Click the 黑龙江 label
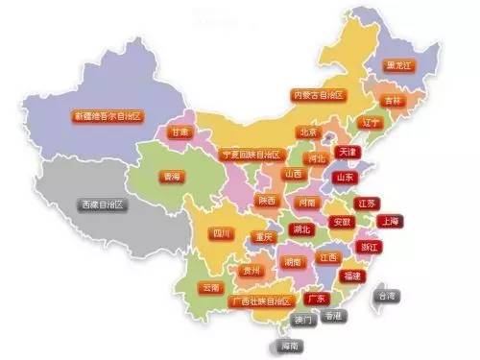coord(398,66)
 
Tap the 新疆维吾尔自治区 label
coord(108,116)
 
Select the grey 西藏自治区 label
coord(103,204)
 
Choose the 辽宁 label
coord(372,123)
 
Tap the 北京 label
coord(308,132)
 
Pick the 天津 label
coord(347,152)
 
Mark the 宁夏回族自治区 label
coord(251,155)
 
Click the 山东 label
coord(343,177)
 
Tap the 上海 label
coord(390,220)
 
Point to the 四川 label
coord(223,232)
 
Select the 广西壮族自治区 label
coord(261,301)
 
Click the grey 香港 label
coord(332,315)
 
